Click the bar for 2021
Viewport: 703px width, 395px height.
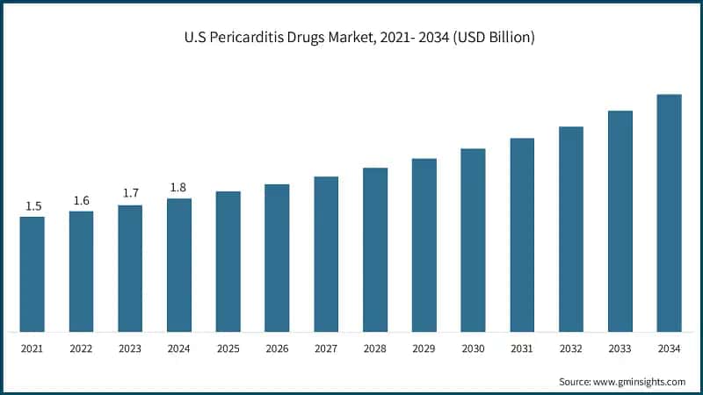(33, 274)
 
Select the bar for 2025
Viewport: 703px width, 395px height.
(228, 262)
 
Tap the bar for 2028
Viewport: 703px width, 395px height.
(375, 250)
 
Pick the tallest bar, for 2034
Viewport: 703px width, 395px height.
(670, 213)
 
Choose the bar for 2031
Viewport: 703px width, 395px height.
(522, 235)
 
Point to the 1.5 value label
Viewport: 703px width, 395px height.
(33, 206)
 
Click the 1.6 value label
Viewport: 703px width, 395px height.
(82, 201)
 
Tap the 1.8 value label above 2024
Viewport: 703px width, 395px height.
(179, 188)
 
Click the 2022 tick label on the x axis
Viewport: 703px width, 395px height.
(82, 349)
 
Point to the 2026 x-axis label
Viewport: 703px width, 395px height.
(278, 349)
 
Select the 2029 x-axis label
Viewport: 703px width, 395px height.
(424, 349)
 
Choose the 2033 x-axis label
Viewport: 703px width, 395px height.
(620, 349)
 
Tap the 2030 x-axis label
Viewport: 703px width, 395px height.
(474, 349)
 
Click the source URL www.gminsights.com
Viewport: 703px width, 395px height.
(640, 382)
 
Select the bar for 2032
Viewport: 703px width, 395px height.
(571, 229)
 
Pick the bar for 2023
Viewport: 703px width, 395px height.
(130, 269)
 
